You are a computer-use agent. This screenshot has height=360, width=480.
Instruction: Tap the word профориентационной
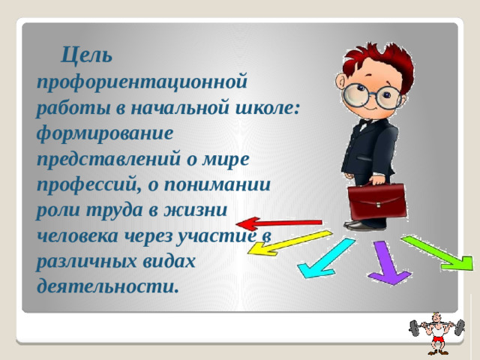[x=142, y=81]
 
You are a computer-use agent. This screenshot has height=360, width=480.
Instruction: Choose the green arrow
[x=439, y=253]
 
